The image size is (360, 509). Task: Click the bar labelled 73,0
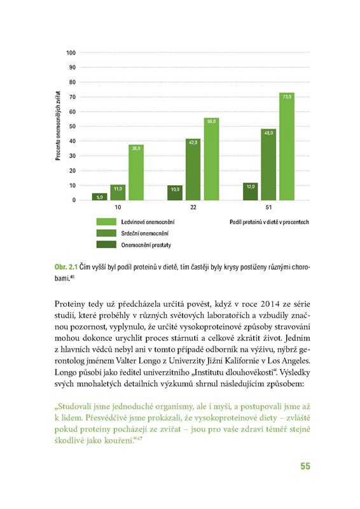pos(287,146)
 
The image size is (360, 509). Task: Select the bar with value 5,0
pos(99,197)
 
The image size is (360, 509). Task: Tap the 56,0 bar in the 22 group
pos(211,159)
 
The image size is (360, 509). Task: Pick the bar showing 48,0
pos(268,165)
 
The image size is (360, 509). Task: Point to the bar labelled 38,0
pos(136,172)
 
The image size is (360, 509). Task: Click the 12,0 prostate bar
pos(250,192)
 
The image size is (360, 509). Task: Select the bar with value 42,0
pos(193,169)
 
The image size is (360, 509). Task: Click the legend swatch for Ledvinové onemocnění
pos(106,221)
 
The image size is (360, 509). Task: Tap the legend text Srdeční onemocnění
pos(145,234)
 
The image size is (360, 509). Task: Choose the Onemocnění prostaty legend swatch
pos(106,244)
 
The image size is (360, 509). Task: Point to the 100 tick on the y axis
pos(71,53)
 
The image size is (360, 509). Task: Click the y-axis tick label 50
pos(72,126)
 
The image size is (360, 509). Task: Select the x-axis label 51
pos(268,207)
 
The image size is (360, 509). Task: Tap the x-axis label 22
pos(193,207)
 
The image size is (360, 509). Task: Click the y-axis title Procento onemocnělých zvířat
pos(58,125)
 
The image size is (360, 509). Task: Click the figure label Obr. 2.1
pos(66,267)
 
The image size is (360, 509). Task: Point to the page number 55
pos(305,466)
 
